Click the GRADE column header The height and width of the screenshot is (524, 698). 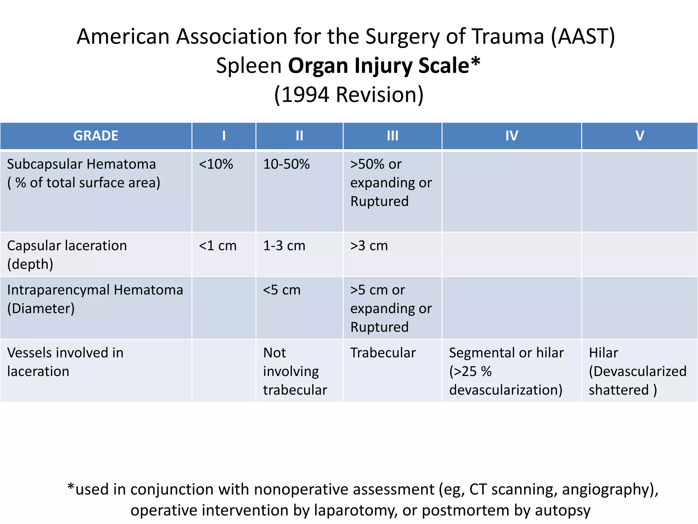(x=96, y=136)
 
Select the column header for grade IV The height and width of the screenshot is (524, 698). (x=512, y=136)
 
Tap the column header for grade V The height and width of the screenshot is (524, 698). (x=639, y=136)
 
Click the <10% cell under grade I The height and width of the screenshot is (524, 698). (x=216, y=164)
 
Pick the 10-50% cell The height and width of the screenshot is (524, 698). (x=286, y=164)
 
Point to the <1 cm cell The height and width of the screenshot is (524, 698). (x=217, y=246)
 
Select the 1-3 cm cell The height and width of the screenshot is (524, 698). (x=284, y=246)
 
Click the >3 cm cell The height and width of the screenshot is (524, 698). (x=369, y=246)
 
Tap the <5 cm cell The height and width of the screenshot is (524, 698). (x=282, y=290)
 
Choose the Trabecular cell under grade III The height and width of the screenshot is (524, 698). (x=383, y=353)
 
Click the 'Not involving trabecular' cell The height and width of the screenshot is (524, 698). (x=295, y=371)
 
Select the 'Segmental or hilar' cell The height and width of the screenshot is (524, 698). (x=506, y=371)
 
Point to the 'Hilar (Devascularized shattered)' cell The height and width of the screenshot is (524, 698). (x=637, y=371)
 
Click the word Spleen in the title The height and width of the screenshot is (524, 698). (x=249, y=65)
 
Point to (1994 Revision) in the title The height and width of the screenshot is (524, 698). (x=349, y=94)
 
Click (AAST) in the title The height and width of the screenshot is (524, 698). (x=583, y=36)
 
